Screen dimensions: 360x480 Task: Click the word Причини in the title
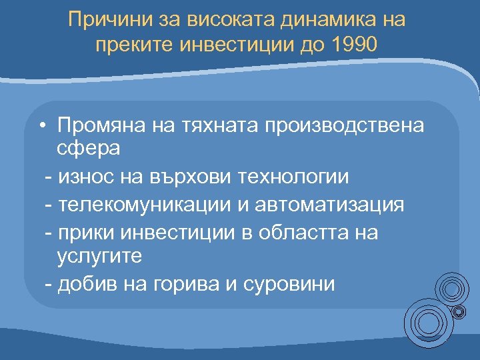pos(109,20)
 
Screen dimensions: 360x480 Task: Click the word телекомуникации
pos(141,204)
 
